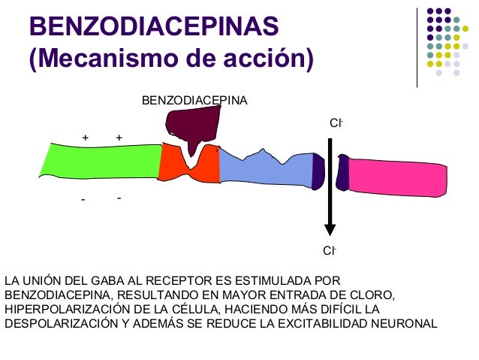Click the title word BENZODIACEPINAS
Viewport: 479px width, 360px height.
coord(154,28)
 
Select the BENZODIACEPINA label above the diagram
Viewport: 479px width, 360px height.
coord(194,100)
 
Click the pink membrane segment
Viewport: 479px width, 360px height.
coord(399,176)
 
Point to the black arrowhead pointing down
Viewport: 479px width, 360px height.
coord(329,229)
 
